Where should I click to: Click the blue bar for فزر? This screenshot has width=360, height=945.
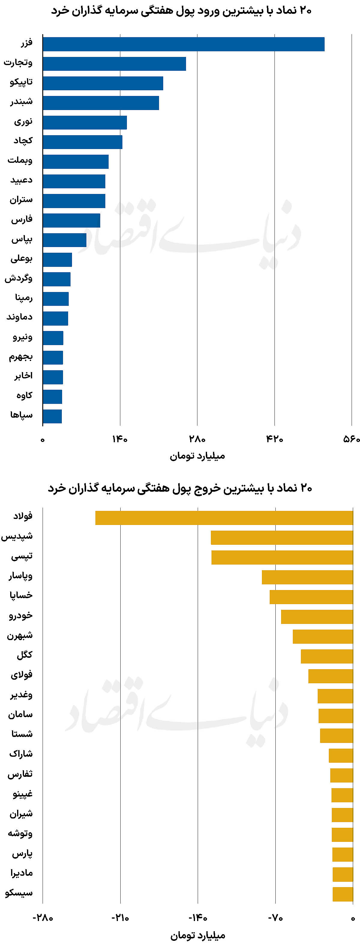[x=184, y=44]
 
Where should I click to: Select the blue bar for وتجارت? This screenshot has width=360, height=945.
[x=114, y=64]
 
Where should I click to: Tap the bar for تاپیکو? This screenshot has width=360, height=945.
[x=103, y=83]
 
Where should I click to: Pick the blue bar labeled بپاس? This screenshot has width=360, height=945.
[x=64, y=240]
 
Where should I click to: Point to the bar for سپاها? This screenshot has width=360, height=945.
[x=52, y=416]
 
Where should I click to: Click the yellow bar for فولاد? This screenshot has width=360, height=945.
[x=224, y=518]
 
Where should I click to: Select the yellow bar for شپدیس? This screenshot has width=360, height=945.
[x=282, y=538]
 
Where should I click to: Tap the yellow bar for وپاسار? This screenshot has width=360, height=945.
[x=307, y=577]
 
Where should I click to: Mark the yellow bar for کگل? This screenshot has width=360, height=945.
[x=327, y=656]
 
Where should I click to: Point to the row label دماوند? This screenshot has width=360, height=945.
[x=19, y=317]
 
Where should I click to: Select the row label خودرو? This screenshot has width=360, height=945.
[x=21, y=616]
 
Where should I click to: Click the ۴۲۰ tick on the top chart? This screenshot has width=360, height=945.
[x=274, y=439]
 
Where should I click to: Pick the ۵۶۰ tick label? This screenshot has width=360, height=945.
[x=351, y=439]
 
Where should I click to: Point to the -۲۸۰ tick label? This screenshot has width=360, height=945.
[x=43, y=918]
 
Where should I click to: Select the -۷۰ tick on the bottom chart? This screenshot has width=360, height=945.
[x=275, y=918]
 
